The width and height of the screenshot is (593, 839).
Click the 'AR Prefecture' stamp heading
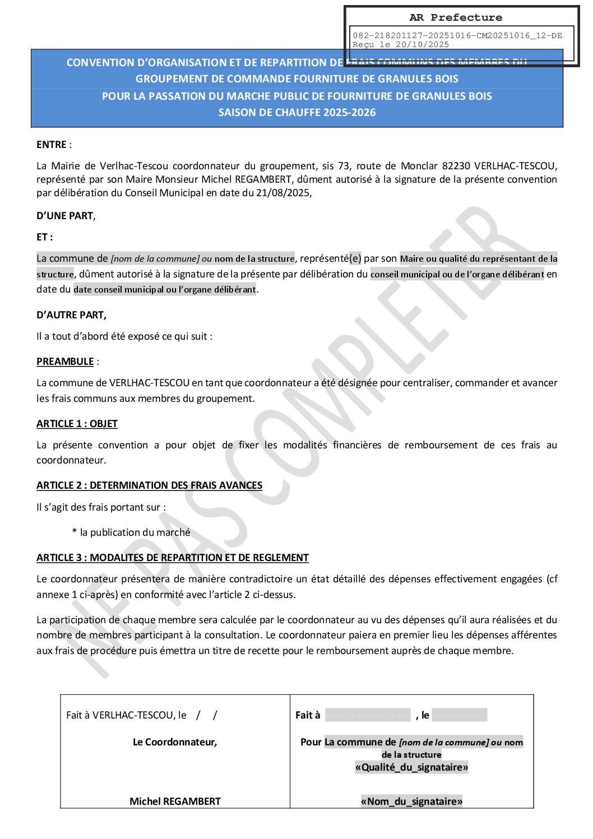[456, 17]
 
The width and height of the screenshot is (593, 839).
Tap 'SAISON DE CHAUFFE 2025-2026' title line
[297, 113]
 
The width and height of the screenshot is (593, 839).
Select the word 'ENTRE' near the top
[52, 145]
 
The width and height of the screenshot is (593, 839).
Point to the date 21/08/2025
[284, 193]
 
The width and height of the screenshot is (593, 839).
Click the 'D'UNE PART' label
[65, 216]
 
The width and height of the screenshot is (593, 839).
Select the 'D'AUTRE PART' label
[71, 315]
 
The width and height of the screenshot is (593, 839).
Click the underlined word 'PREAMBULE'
[65, 361]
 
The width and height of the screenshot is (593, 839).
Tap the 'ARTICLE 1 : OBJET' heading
[77, 424]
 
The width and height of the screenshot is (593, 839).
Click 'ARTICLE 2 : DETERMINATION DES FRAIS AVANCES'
[149, 485]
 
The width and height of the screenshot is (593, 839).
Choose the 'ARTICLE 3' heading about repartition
[173, 558]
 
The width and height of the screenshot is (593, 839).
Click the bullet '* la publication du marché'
[131, 532]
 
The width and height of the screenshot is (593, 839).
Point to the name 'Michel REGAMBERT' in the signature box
[175, 801]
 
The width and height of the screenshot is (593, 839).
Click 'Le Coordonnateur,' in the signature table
[175, 742]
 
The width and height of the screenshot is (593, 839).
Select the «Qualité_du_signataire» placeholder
[411, 767]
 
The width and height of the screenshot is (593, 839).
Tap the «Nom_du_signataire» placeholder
[411, 801]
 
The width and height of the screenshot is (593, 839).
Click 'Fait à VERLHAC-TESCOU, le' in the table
[126, 715]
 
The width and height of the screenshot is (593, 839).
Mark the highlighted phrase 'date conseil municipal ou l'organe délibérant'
[165, 290]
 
